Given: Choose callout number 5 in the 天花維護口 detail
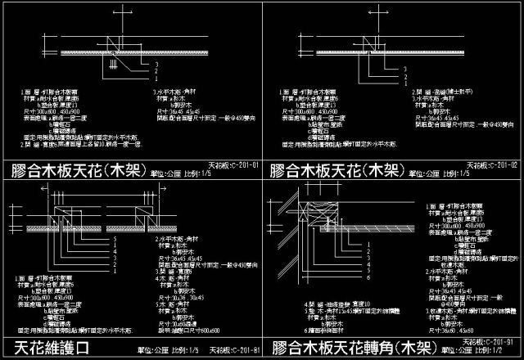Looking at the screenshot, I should click(x=116, y=238).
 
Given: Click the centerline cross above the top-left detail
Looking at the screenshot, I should click(x=120, y=14).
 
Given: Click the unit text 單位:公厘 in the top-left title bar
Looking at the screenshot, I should click(x=165, y=173).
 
